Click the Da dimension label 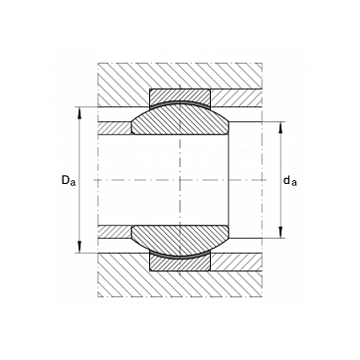(69, 181)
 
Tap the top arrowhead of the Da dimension (80, 113)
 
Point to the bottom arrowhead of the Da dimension (80, 247)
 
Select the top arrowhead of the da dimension (280, 128)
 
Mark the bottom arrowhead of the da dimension (280, 232)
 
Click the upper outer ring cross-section (180, 96)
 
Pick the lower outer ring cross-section (180, 264)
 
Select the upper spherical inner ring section (180, 120)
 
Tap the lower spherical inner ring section (180, 240)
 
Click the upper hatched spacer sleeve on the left (115, 128)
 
